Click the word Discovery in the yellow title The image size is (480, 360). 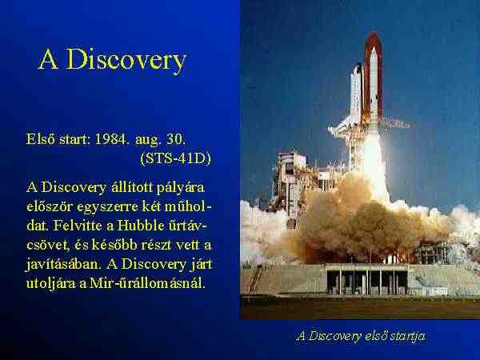tap(126, 60)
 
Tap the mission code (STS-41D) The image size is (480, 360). tap(176, 158)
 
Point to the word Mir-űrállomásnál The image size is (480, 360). tap(147, 283)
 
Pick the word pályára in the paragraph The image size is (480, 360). tap(180, 188)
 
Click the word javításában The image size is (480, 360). tap(63, 264)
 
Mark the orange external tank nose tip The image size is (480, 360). tap(373, 33)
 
